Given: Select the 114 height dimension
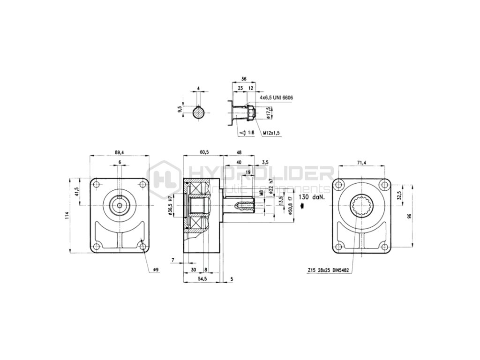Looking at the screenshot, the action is coord(67,215).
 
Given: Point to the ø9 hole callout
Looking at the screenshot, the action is coord(156,270).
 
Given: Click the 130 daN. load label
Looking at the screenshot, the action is coord(310,198).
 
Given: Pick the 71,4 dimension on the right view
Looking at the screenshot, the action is coord(361,162).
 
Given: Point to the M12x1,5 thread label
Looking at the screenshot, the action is coord(271,133).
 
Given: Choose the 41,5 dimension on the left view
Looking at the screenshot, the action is coord(76,191).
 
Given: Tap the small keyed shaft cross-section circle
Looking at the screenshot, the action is coord(199,112).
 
